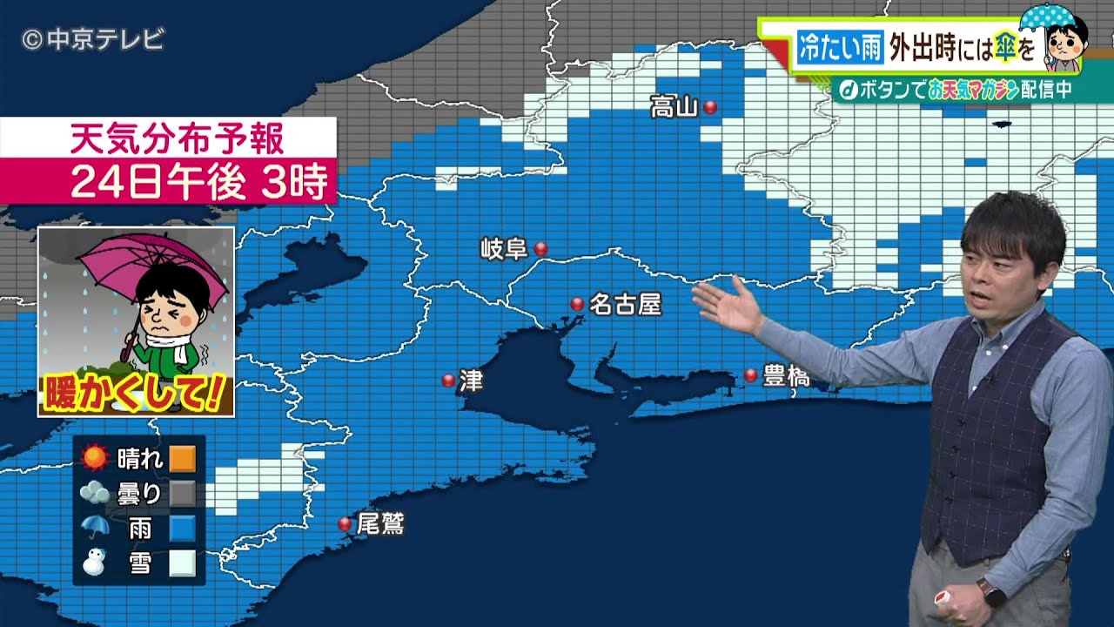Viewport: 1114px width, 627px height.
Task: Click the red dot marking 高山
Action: pos(710,107)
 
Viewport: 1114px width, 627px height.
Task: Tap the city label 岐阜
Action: pos(505,249)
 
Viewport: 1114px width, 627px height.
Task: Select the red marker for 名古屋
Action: pos(577,304)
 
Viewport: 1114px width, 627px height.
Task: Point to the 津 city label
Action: pos(471,381)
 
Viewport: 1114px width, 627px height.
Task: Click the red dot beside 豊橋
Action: pos(750,375)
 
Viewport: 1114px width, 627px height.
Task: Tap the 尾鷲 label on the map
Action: pos(380,523)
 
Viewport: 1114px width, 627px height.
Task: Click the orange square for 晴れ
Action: pos(182,458)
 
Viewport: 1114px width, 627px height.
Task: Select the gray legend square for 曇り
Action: pos(182,494)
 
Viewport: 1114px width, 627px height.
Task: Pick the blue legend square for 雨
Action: pos(182,529)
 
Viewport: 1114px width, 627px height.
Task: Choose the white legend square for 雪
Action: pos(182,563)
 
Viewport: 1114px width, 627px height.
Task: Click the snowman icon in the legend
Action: pos(94,563)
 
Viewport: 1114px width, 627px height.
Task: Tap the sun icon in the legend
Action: pos(94,457)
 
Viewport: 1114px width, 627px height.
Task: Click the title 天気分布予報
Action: pos(177,138)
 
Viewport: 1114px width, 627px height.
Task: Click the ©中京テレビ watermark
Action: pos(92,39)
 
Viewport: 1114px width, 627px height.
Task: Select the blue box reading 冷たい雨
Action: pos(839,47)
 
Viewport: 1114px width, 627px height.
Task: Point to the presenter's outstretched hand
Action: pos(724,306)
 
